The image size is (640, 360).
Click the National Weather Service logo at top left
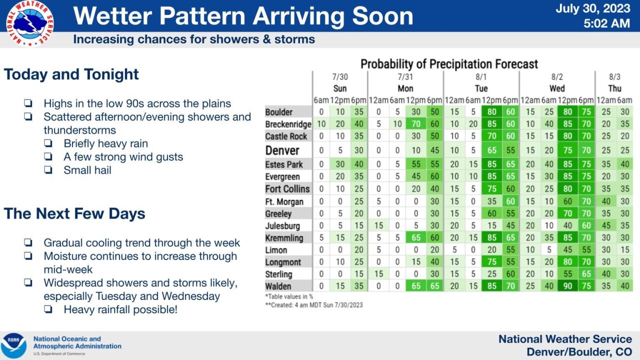click(x=30, y=23)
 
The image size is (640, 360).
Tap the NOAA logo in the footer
click(x=13, y=345)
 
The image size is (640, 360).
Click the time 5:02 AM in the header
click(x=607, y=23)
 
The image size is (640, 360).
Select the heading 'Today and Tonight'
click(x=71, y=74)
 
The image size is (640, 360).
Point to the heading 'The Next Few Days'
click(x=74, y=213)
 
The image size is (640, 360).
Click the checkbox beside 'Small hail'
click(x=48, y=170)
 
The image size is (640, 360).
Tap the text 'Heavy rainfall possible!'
click(x=120, y=309)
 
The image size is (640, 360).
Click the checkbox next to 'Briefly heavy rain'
click(x=48, y=143)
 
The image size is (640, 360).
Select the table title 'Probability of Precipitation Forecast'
click(x=449, y=64)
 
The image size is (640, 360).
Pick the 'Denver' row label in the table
click(x=282, y=150)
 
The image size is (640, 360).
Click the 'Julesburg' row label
click(x=282, y=225)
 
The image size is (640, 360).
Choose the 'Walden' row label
click(x=278, y=286)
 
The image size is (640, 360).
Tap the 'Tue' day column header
click(x=481, y=88)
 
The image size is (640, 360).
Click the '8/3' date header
click(x=614, y=77)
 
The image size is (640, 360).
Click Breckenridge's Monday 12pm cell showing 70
click(x=415, y=124)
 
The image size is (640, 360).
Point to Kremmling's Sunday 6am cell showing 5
click(x=321, y=237)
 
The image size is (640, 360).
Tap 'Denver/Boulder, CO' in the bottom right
click(x=579, y=351)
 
